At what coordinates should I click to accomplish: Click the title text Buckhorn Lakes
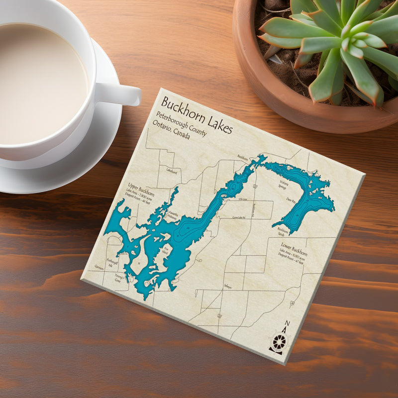[197, 115]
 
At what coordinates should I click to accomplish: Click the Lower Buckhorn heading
[294, 251]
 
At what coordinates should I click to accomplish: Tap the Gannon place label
[99, 267]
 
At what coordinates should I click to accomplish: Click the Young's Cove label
[118, 278]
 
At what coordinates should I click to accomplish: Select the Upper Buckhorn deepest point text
[140, 202]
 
